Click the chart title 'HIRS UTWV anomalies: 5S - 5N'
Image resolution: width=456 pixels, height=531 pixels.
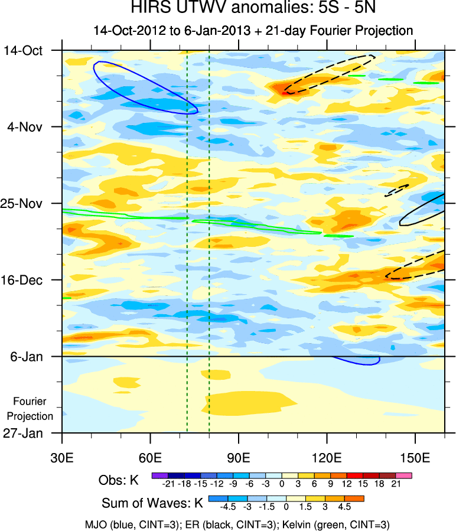pos(253,9)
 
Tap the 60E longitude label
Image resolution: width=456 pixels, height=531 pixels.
pos(151,457)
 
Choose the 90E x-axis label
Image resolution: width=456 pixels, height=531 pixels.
pos(239,457)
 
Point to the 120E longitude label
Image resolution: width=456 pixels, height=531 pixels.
pos(327,457)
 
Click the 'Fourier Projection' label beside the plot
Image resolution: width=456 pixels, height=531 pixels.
pos(33,409)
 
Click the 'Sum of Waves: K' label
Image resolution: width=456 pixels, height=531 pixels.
pos(152,504)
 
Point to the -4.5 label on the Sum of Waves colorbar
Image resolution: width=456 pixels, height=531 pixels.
pos(227,507)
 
